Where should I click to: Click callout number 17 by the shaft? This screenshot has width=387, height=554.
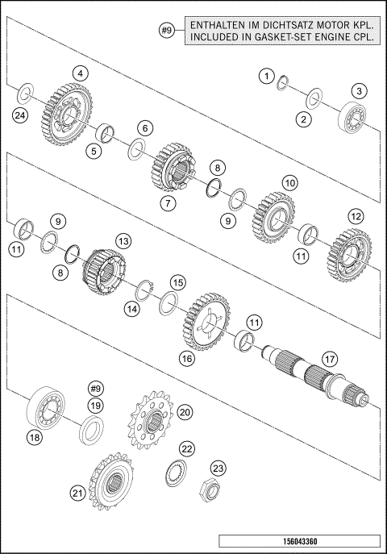point(328,358)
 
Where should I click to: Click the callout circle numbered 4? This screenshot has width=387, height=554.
point(79,73)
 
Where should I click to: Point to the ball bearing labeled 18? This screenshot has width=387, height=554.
point(48,407)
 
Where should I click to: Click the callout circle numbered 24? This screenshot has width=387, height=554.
point(19,116)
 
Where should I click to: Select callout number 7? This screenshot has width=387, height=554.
point(167,203)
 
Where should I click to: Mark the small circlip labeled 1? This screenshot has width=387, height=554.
point(283,82)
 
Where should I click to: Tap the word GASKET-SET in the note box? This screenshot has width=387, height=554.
point(285,41)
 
